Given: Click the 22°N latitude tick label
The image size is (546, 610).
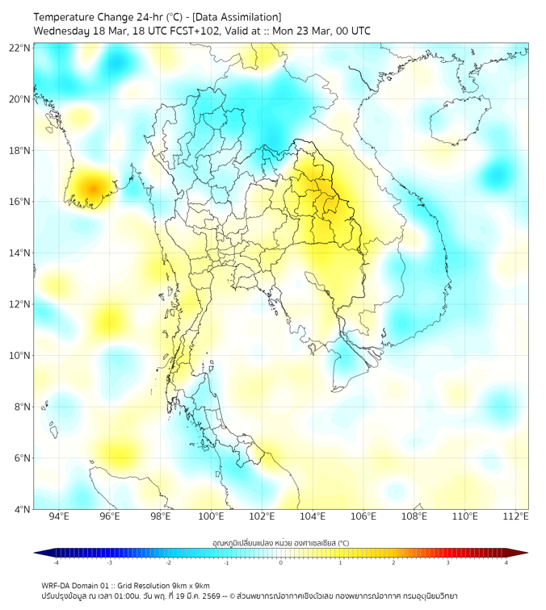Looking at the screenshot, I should [x=20, y=48].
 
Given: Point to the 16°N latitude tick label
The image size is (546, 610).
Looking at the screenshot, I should [x=20, y=202].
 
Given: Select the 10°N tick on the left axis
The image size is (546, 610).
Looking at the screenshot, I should [x=20, y=356].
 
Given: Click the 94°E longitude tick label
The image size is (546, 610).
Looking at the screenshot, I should [x=59, y=516].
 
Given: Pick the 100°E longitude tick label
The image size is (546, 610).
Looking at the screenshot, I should [x=212, y=516].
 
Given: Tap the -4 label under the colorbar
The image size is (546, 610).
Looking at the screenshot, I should [x=55, y=562].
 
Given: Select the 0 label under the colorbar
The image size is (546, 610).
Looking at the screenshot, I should [x=281, y=562].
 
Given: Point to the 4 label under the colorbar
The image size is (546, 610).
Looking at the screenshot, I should [x=506, y=562].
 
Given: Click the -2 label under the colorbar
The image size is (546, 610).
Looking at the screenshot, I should [x=168, y=562].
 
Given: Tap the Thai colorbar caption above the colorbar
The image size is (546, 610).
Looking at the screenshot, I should [x=280, y=543].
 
